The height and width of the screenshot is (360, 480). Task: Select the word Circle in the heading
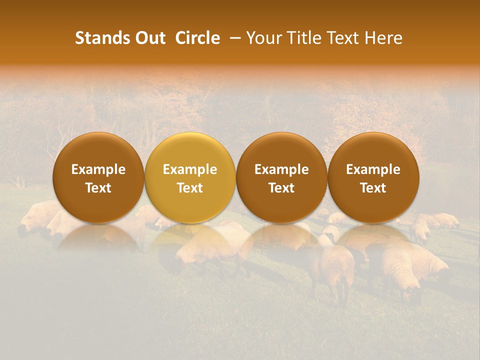tap(197, 38)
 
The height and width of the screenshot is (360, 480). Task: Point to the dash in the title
tap(233, 38)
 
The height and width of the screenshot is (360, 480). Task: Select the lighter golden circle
tap(190, 177)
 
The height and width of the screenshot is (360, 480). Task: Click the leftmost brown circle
tap(98, 177)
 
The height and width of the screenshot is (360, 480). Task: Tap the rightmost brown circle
tap(373, 177)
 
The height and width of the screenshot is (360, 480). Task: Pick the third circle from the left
tap(281, 177)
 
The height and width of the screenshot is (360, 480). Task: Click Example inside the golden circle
tap(190, 169)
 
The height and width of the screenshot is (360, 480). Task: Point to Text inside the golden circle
tap(190, 188)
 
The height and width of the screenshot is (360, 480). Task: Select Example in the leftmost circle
tap(98, 169)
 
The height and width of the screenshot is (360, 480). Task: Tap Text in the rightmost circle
tap(373, 188)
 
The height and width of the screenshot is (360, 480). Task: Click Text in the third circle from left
tap(281, 188)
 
